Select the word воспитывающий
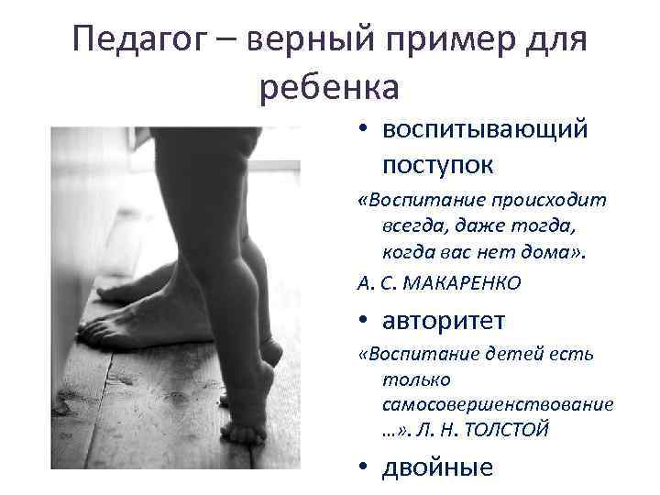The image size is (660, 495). tap(486, 130)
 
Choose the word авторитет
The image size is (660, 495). tap(445, 322)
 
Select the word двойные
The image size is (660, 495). tap(438, 467)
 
